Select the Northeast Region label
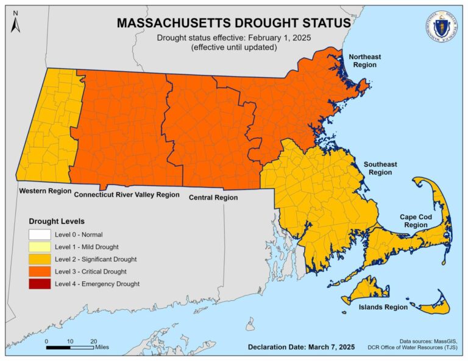[364, 61]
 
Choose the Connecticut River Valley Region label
[127, 195]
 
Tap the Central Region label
[213, 197]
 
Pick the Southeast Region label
[380, 169]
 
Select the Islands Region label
[383, 307]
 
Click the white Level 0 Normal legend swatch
[40, 234]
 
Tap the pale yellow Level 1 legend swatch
[40, 247]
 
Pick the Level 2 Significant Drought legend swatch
[40, 259]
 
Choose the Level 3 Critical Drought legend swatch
[40, 272]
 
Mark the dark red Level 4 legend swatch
[40, 284]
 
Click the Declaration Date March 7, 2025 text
[302, 347]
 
